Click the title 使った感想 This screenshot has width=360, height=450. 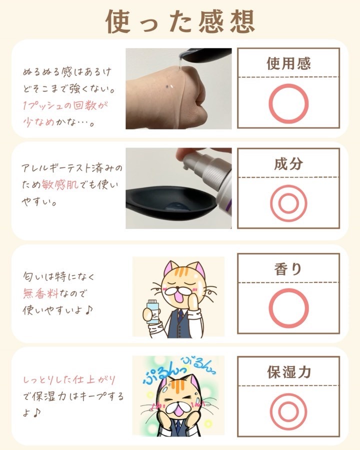180,21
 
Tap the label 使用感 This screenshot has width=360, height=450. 288,63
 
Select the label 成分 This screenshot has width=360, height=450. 288,164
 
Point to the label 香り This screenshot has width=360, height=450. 288,269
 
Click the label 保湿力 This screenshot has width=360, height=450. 289,372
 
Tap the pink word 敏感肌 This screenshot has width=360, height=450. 60,184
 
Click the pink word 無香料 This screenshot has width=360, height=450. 40,293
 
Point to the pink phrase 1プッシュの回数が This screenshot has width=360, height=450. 65,105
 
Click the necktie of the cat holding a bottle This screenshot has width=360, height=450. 180,315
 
